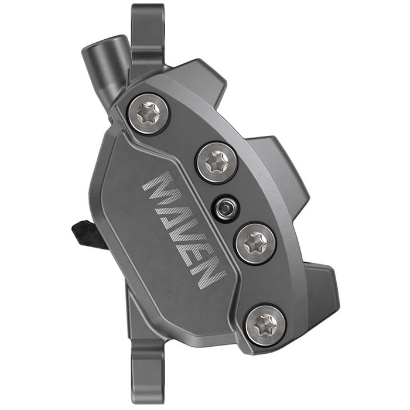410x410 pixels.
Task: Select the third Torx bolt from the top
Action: tap(255, 242)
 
